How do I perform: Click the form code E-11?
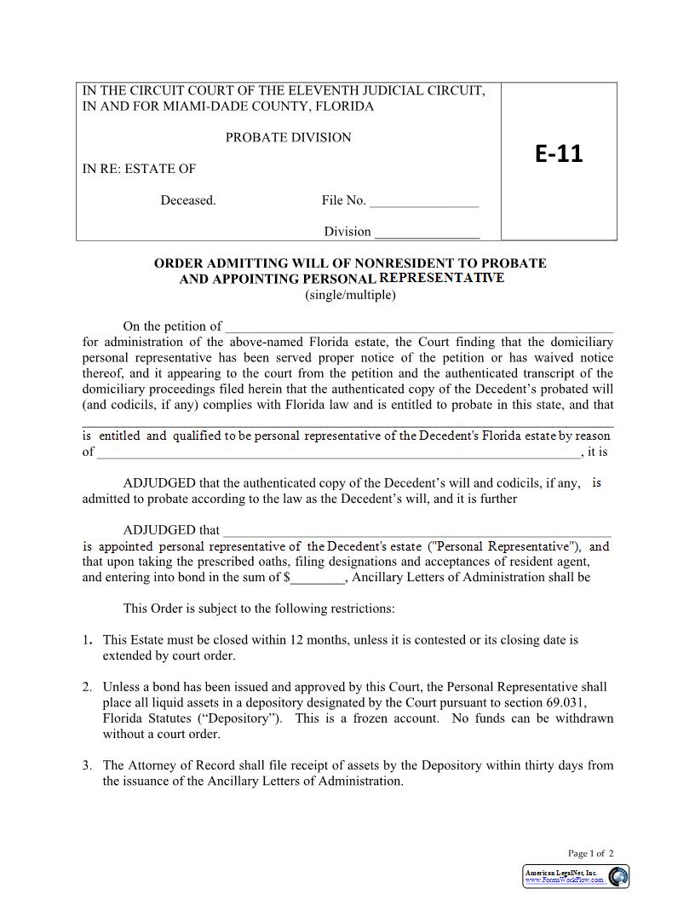coord(559,153)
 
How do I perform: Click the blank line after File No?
coord(424,201)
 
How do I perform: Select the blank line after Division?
coord(427,232)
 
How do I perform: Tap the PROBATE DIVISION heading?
coord(288,137)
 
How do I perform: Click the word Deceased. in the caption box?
coord(188,200)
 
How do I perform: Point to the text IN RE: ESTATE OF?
coord(139,169)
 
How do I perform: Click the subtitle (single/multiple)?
coord(350,295)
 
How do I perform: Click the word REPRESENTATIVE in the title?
coord(441,278)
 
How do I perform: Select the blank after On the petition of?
coord(418,326)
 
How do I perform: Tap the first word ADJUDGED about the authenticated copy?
coord(159,483)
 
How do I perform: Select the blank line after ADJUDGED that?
coord(416,530)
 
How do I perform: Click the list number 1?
coord(88,639)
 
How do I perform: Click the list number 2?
coord(88,687)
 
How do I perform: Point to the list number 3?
coord(88,765)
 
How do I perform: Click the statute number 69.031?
coord(565,702)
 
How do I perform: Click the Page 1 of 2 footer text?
coord(590,853)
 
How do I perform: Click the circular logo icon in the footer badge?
coord(617,876)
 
